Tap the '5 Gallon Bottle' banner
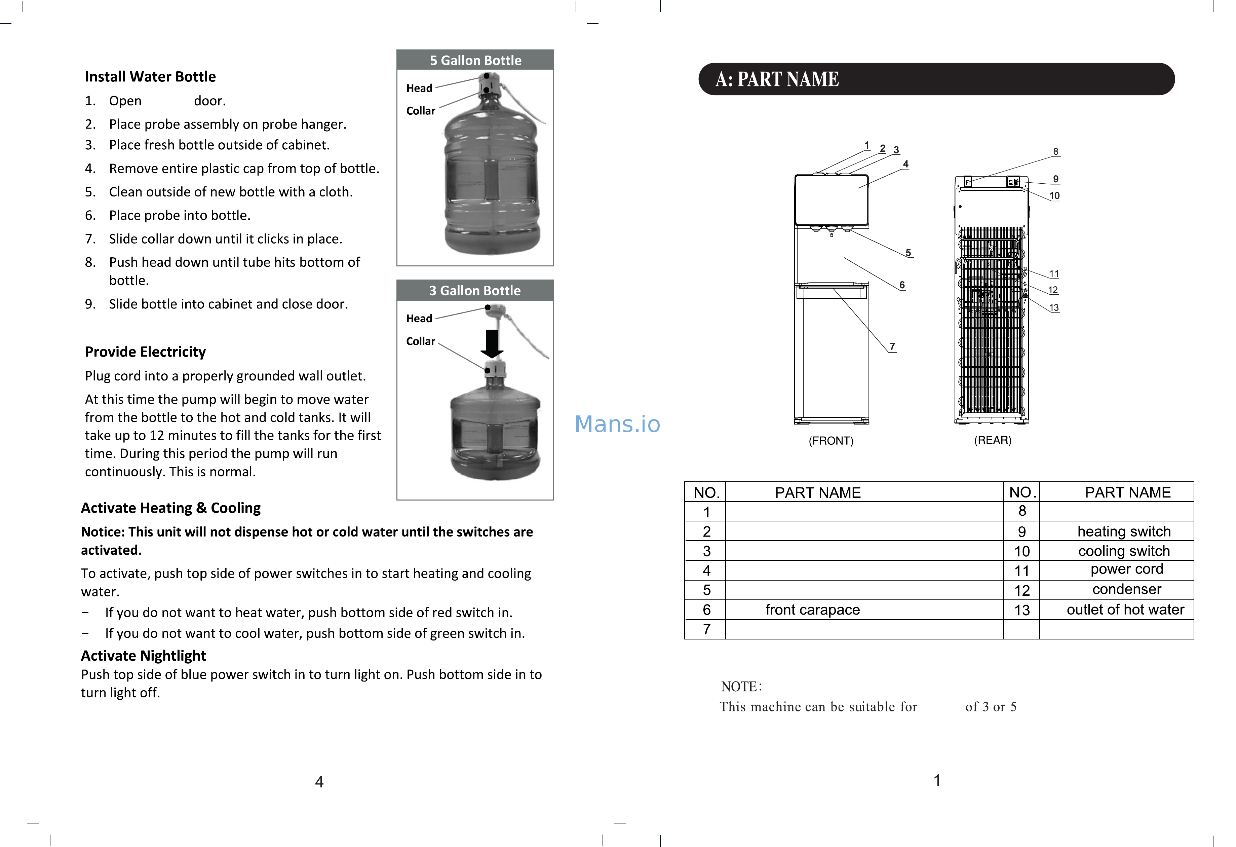(x=475, y=60)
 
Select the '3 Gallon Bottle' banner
(x=475, y=291)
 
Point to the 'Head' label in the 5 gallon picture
(x=419, y=88)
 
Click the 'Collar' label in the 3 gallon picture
(x=420, y=341)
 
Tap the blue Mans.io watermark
(x=617, y=424)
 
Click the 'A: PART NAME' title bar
(x=936, y=79)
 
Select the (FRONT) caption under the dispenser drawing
(x=831, y=441)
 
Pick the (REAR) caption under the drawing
(x=993, y=440)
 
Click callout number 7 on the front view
(x=892, y=346)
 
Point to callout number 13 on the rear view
(x=1053, y=307)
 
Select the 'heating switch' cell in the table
(x=1124, y=531)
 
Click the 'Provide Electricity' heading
(x=145, y=352)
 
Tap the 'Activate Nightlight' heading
(x=143, y=656)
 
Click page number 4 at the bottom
(x=319, y=781)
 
